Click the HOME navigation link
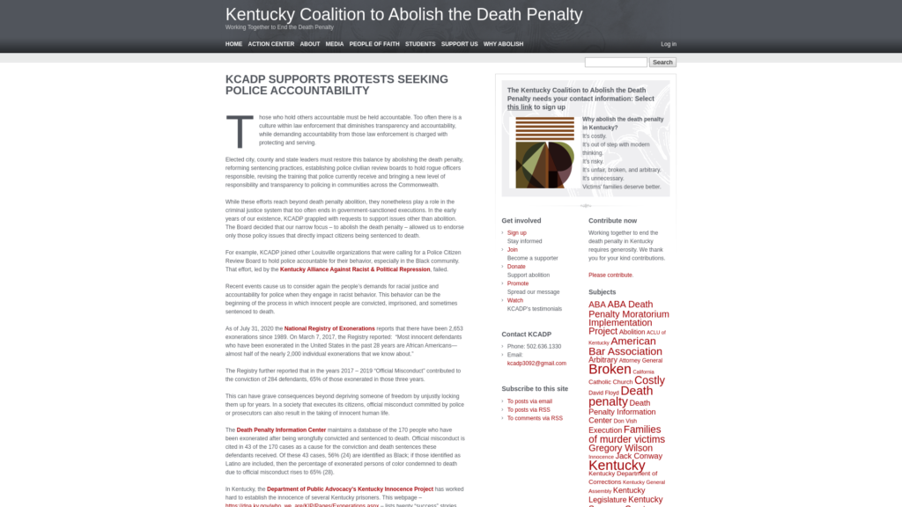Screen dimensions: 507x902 click(233, 44)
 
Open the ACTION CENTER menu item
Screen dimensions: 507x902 click(271, 44)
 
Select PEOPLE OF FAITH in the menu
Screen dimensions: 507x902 click(374, 44)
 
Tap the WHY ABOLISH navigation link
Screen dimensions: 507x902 click(503, 44)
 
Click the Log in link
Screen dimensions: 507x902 click(669, 44)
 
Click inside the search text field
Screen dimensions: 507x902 click(616, 62)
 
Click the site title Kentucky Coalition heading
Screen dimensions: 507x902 click(403, 15)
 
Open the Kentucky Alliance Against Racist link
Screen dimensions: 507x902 click(355, 269)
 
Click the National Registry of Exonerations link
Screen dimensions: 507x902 click(329, 328)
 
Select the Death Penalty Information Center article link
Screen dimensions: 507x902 click(281, 430)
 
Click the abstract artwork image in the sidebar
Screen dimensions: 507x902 click(544, 152)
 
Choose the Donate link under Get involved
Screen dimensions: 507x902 click(516, 267)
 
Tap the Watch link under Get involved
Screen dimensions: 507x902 click(515, 300)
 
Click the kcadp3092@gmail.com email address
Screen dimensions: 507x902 click(536, 363)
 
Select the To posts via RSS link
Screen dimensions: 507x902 click(529, 409)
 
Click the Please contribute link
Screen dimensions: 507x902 click(610, 275)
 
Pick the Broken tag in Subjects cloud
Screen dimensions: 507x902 click(610, 370)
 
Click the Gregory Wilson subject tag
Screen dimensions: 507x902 click(620, 448)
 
